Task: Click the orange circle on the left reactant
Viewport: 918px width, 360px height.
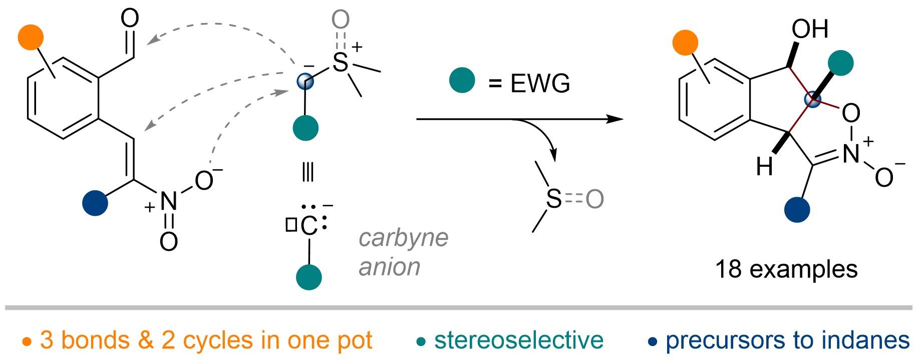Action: (31, 37)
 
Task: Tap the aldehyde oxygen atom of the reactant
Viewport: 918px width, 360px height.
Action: (130, 19)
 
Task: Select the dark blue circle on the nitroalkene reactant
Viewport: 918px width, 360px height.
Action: (95, 203)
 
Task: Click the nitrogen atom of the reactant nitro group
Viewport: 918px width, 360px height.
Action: (168, 202)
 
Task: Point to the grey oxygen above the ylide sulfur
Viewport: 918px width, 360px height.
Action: (341, 20)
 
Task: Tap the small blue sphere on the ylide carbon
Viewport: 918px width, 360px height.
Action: (305, 81)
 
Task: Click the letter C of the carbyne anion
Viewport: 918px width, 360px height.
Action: (310, 226)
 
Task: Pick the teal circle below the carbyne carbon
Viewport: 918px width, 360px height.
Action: (309, 277)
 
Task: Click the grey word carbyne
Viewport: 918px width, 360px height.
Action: (403, 238)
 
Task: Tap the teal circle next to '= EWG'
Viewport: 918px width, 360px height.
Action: (462, 81)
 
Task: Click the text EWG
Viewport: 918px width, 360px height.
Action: (540, 83)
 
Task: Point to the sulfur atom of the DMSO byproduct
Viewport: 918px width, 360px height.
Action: (553, 199)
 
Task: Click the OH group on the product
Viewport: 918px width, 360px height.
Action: (809, 29)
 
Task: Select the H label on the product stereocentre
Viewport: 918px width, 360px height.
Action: (764, 167)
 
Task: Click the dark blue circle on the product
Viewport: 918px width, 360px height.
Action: (797, 209)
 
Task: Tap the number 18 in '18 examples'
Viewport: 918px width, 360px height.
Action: (728, 269)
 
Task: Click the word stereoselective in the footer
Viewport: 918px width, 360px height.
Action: (519, 340)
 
